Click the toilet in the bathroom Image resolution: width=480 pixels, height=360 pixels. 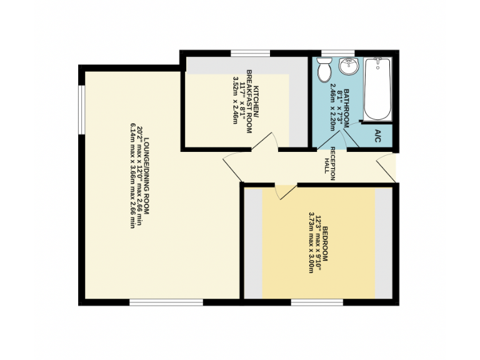324,70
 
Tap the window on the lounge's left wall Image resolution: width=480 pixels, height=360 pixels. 81,109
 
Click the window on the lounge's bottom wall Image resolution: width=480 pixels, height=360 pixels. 166,302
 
